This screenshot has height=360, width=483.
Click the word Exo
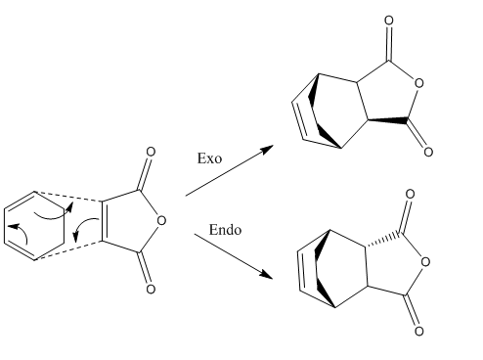pyautogui.click(x=209, y=158)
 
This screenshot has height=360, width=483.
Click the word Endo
pyautogui.click(x=225, y=230)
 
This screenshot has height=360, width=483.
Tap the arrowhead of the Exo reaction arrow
pyautogui.click(x=268, y=149)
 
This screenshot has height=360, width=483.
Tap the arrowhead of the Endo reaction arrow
pyautogui.click(x=267, y=275)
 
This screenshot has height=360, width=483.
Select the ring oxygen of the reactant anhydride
pyautogui.click(x=161, y=221)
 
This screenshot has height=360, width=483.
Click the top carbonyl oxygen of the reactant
pyautogui.click(x=151, y=152)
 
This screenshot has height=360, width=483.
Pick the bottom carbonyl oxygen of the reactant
pyautogui.click(x=151, y=290)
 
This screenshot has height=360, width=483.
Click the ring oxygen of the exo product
pyautogui.click(x=419, y=83)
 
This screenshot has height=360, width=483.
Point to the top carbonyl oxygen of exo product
pyautogui.click(x=388, y=21)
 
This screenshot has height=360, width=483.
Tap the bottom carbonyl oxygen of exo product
pyautogui.click(x=428, y=152)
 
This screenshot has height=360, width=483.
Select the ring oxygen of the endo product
pyautogui.click(x=425, y=262)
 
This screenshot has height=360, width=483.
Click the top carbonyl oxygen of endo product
pyautogui.click(x=410, y=194)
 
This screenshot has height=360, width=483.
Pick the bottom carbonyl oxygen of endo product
pyautogui.click(x=419, y=332)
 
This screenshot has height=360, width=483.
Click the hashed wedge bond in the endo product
pyautogui.click(x=385, y=240)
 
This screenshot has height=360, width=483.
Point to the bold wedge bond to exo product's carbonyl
pyautogui.click(x=388, y=120)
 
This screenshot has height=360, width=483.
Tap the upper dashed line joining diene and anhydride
pyautogui.click(x=68, y=197)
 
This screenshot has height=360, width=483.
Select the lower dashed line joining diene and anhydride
pyautogui.click(x=68, y=250)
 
